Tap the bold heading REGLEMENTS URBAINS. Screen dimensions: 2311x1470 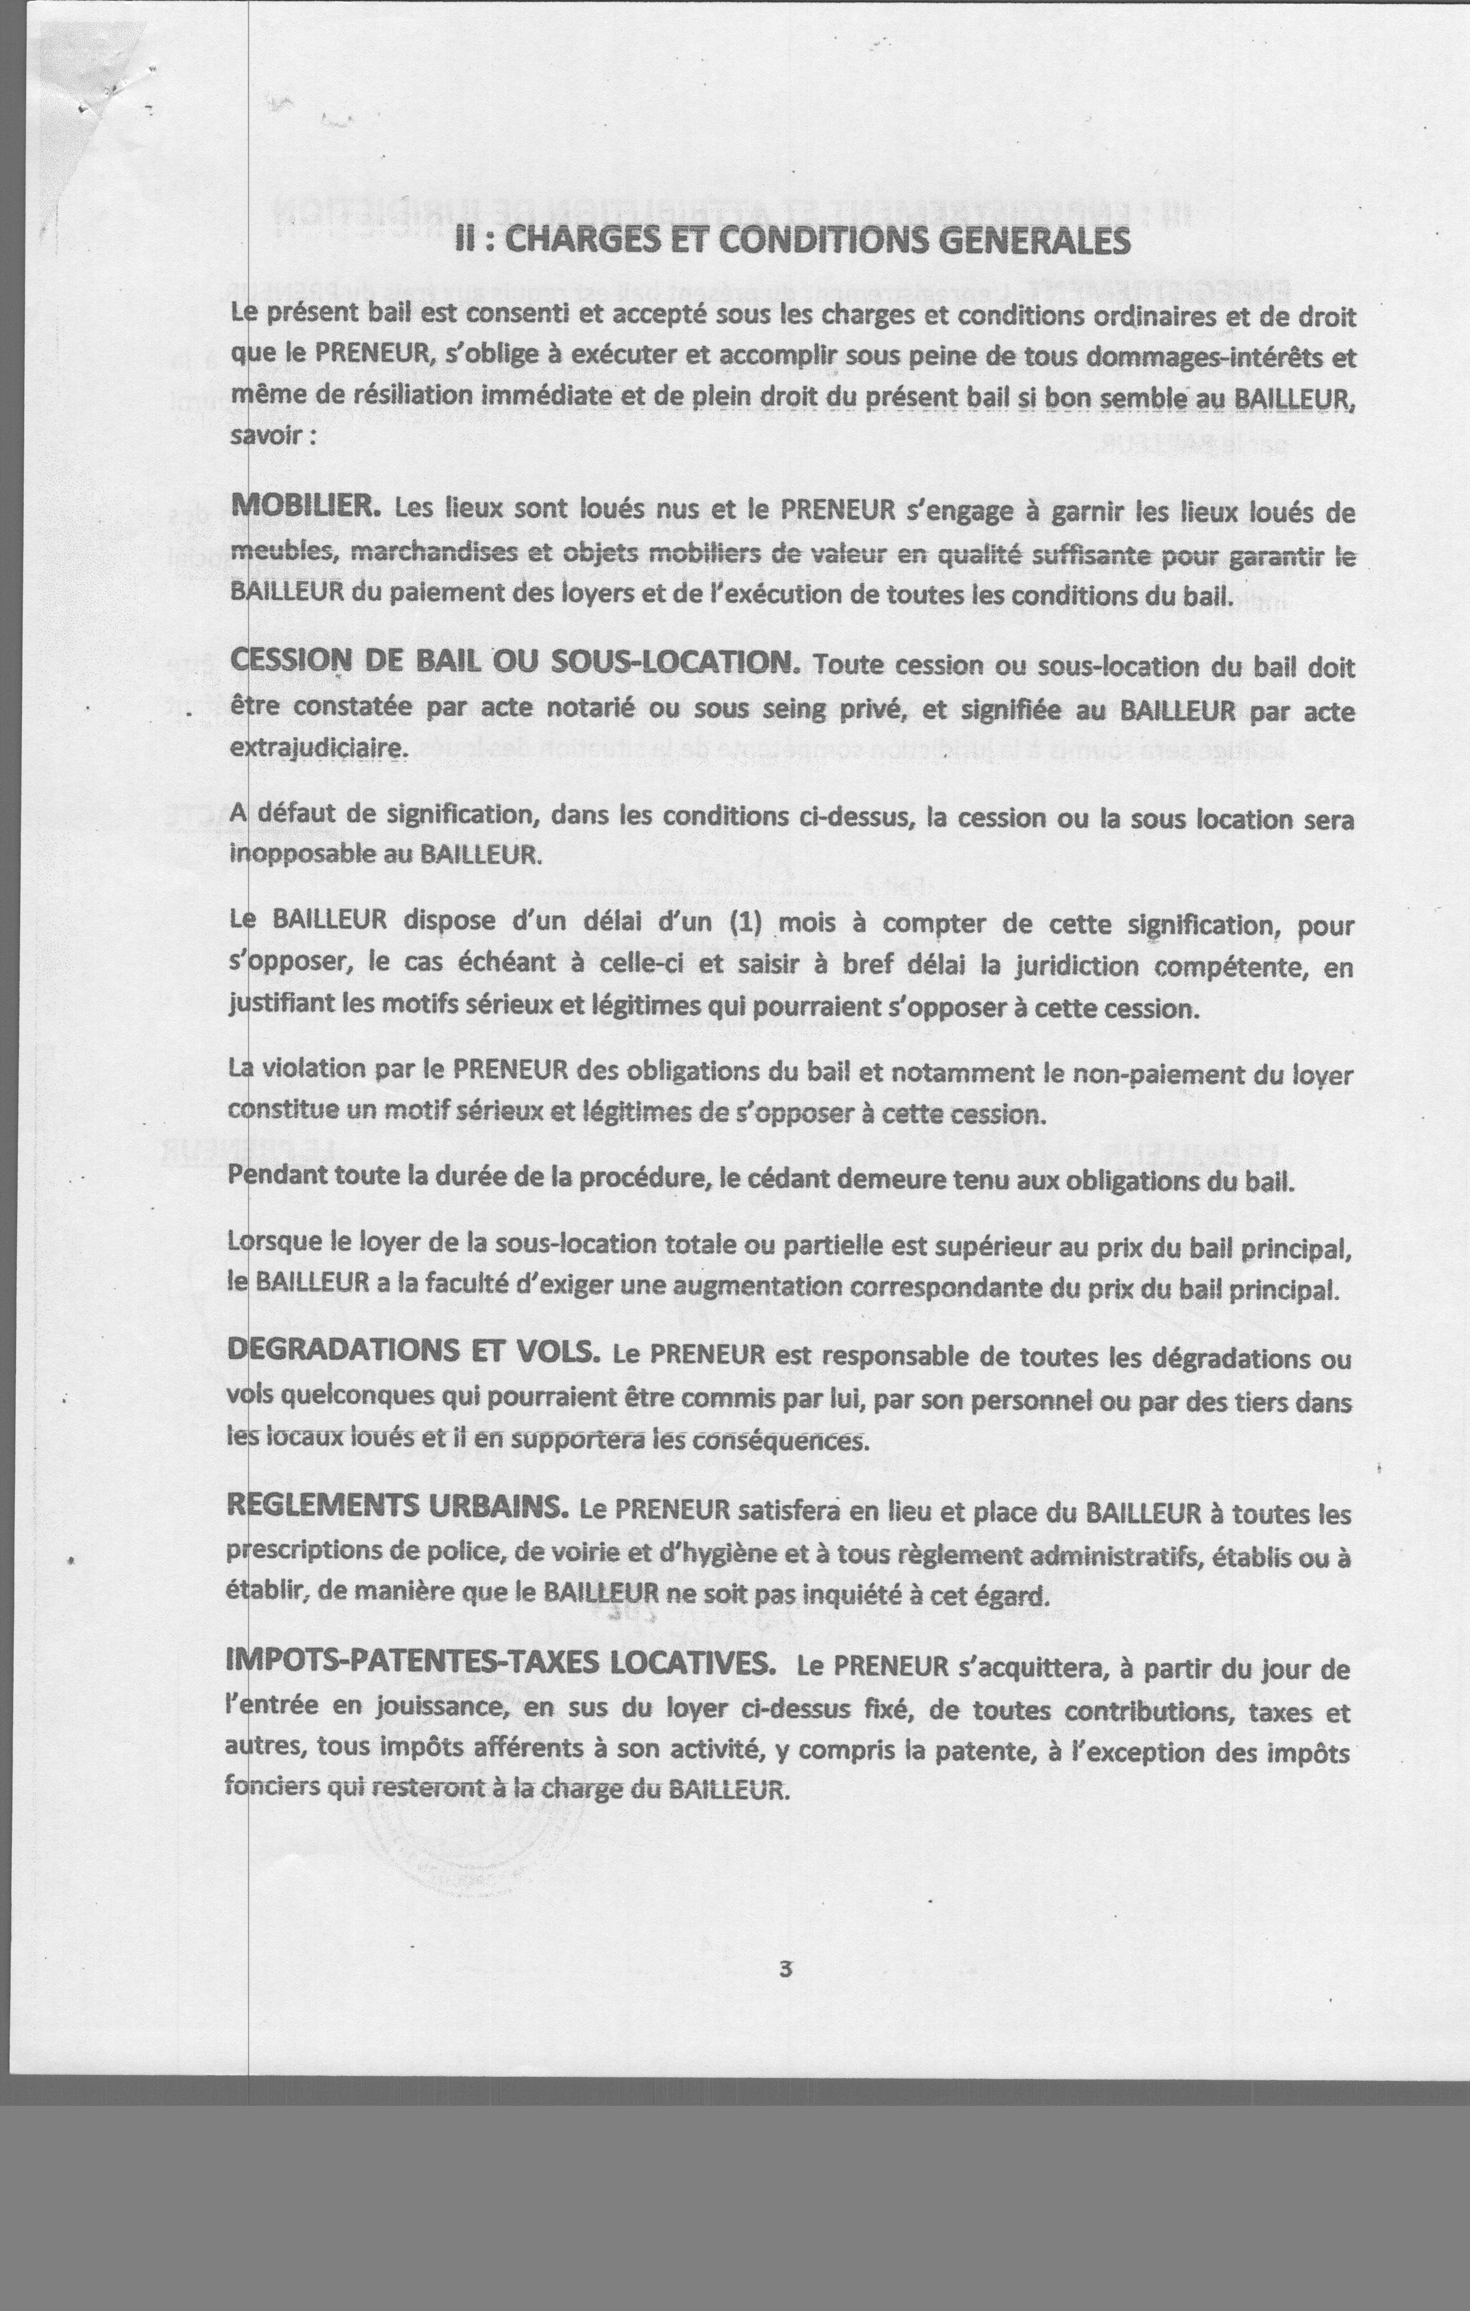click(397, 1505)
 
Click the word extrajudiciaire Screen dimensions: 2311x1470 click(317, 748)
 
